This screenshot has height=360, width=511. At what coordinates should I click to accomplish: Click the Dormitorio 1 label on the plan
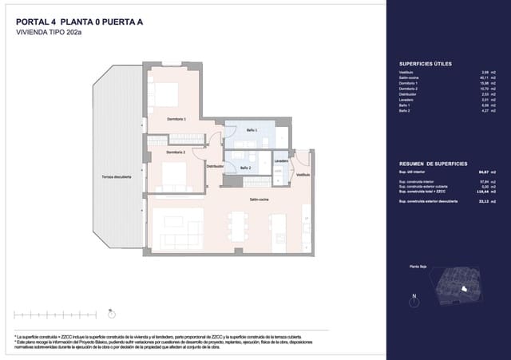coord(176,119)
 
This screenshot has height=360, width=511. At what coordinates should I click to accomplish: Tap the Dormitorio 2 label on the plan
coord(176,152)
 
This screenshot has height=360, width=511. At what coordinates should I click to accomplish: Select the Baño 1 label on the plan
coord(251,129)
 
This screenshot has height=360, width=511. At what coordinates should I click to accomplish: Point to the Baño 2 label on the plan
coord(245,168)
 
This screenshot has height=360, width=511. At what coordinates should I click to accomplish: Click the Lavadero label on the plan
coord(280,160)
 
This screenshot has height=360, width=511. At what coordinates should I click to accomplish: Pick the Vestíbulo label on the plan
coord(303,174)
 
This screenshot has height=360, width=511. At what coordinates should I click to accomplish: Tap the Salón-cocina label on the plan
coord(258,200)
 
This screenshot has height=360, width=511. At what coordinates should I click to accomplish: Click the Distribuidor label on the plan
coord(215,166)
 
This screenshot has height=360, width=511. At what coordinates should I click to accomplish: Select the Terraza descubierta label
coord(117,176)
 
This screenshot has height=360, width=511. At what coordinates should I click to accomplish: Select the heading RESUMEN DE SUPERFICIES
coord(433,163)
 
